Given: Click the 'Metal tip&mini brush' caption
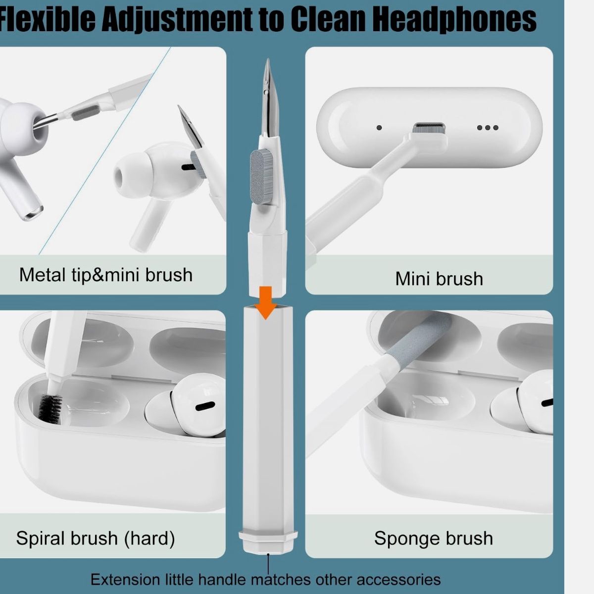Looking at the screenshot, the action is coord(106,274).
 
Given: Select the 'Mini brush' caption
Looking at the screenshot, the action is coord(439,279).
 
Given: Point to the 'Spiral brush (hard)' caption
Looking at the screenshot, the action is coord(96,538).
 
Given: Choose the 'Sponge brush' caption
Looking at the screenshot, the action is coord(434,538).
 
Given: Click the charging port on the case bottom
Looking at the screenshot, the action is coord(429,127).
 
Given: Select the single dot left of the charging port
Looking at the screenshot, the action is coord(379,128).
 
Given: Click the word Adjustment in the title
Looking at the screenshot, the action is coord(177,20).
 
